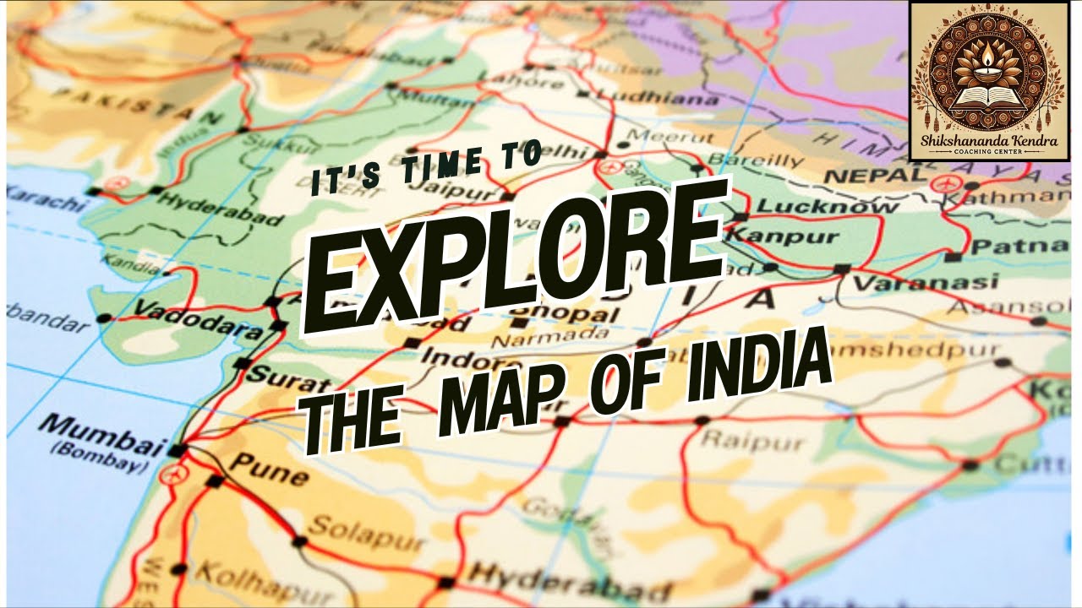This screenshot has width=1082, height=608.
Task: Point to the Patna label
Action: pyautogui.click(x=1018, y=246)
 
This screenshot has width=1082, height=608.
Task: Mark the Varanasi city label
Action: pyautogui.click(x=925, y=282)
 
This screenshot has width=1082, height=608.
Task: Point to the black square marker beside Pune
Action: pyautogui.click(x=216, y=481)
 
